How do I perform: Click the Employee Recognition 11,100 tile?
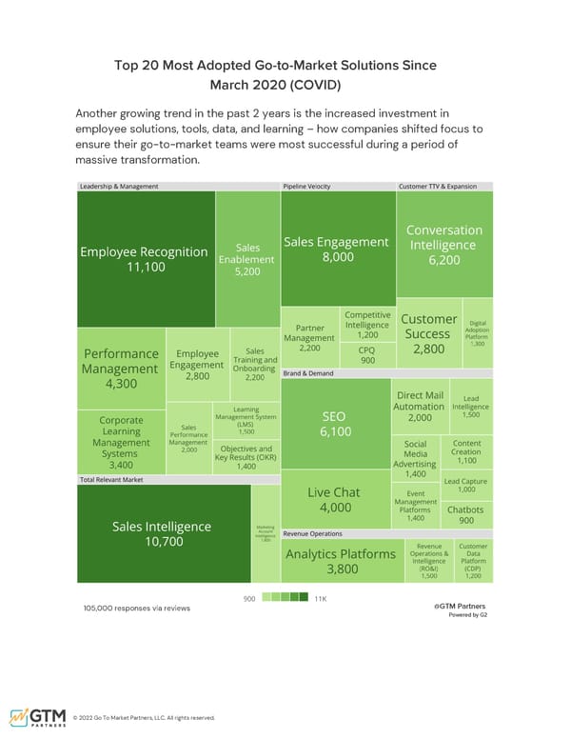click(144, 259)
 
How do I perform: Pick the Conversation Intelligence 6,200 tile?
click(444, 244)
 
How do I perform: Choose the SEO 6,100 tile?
click(336, 424)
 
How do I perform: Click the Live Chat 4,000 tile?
click(334, 499)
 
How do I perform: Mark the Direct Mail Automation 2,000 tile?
click(419, 407)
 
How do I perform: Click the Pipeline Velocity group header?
click(307, 187)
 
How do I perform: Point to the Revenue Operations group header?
click(313, 534)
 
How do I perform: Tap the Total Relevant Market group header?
click(112, 479)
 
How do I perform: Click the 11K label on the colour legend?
click(320, 597)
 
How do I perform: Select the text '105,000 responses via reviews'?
click(136, 608)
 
